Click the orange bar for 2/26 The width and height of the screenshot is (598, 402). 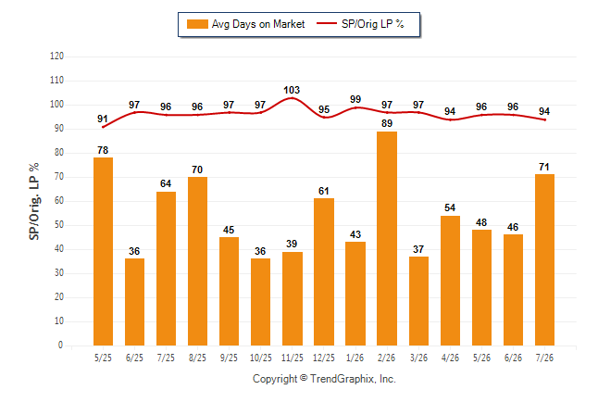pyautogui.click(x=387, y=239)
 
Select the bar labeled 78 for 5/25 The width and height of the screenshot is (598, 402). pyautogui.click(x=103, y=252)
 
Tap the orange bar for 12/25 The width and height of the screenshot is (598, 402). pyautogui.click(x=324, y=271)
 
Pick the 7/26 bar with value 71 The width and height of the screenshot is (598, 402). pyautogui.click(x=544, y=260)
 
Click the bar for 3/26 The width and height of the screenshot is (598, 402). pyautogui.click(x=418, y=301)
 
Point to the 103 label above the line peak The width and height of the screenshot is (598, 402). pyautogui.click(x=292, y=90)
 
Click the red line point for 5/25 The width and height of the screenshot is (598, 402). pyautogui.click(x=103, y=127)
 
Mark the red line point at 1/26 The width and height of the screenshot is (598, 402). pyautogui.click(x=355, y=107)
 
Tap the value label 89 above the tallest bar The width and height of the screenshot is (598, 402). pyautogui.click(x=387, y=123)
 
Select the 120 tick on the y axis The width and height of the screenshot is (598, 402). pyautogui.click(x=56, y=57)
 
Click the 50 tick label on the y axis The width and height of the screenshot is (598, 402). pyautogui.click(x=58, y=225)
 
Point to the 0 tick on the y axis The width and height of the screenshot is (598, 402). pyautogui.click(x=61, y=345)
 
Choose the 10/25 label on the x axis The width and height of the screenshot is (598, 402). pyautogui.click(x=261, y=358)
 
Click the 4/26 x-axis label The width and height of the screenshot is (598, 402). pyautogui.click(x=450, y=358)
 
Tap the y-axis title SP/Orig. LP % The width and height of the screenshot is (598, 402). pyautogui.click(x=34, y=201)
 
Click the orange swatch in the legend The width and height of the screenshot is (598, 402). pyautogui.click(x=197, y=24)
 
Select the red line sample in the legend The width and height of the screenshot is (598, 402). pyautogui.click(x=327, y=23)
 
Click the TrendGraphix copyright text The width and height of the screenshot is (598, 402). pyautogui.click(x=324, y=379)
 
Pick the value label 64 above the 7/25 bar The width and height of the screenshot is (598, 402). pyautogui.click(x=166, y=183)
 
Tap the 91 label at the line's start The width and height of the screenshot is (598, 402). pyautogui.click(x=102, y=119)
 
